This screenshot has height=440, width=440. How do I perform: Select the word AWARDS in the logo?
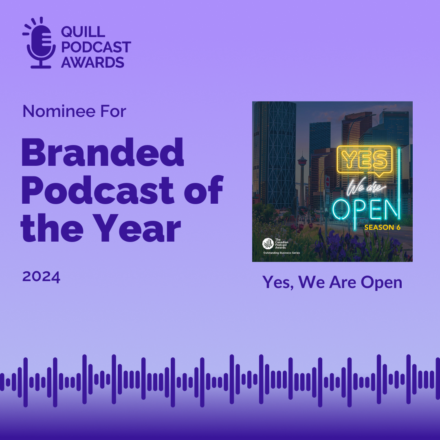[x=92, y=62]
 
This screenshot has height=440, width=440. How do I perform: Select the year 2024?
[x=41, y=277]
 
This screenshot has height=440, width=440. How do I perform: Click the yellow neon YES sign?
[x=364, y=159]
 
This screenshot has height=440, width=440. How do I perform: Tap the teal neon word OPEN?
[x=365, y=208]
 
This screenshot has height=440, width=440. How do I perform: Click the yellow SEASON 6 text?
[x=382, y=227]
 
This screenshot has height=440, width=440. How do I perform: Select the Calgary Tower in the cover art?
[x=302, y=171]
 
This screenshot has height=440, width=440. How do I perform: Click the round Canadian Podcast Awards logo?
[x=268, y=244]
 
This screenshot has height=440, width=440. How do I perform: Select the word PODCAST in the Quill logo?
[x=96, y=47]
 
